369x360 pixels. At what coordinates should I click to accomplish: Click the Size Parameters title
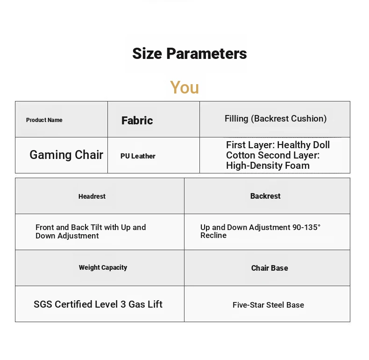click(190, 53)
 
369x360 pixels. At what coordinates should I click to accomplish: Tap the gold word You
click(184, 87)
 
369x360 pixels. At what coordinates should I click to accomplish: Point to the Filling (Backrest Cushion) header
click(276, 118)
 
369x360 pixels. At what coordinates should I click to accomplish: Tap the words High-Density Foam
click(268, 166)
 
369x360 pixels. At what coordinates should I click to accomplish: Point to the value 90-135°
click(306, 227)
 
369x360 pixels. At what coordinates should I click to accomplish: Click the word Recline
click(213, 235)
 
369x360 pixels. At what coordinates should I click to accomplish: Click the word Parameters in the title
click(206, 53)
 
